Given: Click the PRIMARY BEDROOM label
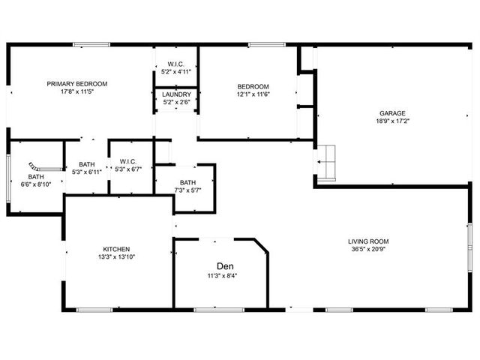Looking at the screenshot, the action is click(76, 84).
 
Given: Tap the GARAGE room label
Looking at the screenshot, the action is click(392, 113).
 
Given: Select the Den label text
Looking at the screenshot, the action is click(225, 266).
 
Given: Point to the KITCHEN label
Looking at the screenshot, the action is click(116, 249).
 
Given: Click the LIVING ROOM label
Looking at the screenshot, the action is click(368, 241).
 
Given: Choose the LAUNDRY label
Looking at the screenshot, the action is click(176, 94).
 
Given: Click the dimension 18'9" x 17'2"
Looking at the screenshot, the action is click(392, 121).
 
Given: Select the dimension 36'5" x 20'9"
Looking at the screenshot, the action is click(368, 249).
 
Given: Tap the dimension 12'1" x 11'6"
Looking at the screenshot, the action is click(253, 94).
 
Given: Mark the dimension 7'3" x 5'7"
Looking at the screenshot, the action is click(187, 190).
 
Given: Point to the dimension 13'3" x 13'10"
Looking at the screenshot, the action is click(116, 256).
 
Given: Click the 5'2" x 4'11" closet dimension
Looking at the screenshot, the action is click(176, 72).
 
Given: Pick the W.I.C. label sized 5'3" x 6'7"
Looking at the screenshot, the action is click(128, 161).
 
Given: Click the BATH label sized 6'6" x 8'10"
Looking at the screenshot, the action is click(36, 177).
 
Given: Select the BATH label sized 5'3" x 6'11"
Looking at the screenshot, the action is click(87, 164).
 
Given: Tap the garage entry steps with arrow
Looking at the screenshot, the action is click(326, 162).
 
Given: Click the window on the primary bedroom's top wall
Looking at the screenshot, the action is click(91, 45).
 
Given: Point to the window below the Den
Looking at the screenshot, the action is click(219, 310).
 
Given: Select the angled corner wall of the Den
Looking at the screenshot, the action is click(261, 245).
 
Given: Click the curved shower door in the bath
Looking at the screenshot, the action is click(34, 166).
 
